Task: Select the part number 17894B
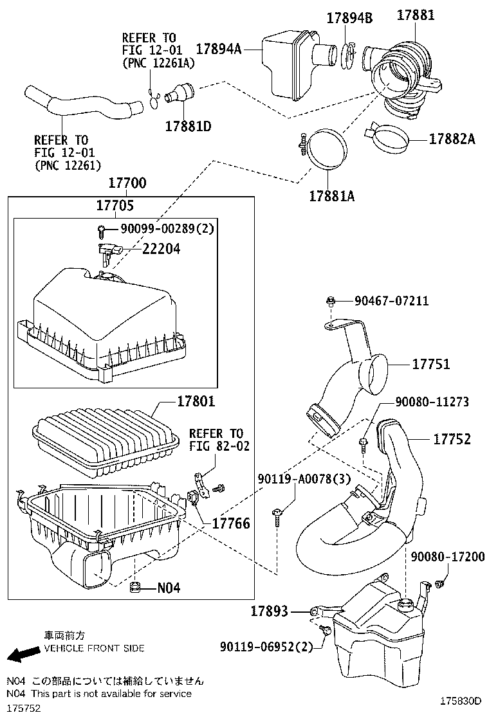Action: click(351, 18)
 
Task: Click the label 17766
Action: click(231, 524)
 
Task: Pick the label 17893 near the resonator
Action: click(269, 611)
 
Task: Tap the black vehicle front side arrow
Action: click(19, 654)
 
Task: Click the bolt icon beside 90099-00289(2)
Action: click(101, 230)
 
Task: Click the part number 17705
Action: click(115, 205)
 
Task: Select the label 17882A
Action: click(452, 138)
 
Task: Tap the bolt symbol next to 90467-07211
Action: click(331, 301)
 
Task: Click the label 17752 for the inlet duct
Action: click(452, 439)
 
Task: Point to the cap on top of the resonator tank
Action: click(405, 604)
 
